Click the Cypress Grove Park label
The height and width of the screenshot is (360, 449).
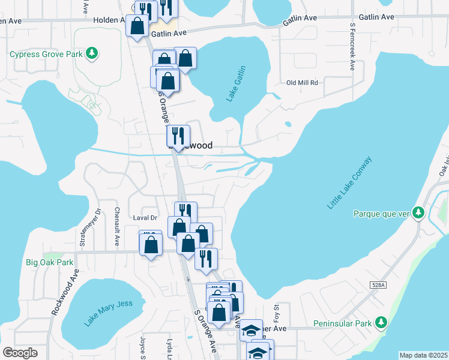[46, 54]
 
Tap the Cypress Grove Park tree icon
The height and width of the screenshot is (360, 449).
[92, 54]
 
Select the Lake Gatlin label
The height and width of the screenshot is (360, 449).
[237, 84]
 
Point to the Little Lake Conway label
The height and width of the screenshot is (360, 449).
[350, 183]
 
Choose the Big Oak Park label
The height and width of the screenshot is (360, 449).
[49, 262]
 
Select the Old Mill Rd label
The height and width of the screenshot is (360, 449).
[302, 83]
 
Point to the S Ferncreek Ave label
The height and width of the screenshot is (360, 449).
[352, 47]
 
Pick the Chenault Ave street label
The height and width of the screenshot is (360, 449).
[118, 227]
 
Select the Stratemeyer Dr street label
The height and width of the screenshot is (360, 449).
[83, 228]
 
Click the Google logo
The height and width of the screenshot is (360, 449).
[20, 353]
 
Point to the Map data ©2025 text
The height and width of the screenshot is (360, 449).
[423, 355]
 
